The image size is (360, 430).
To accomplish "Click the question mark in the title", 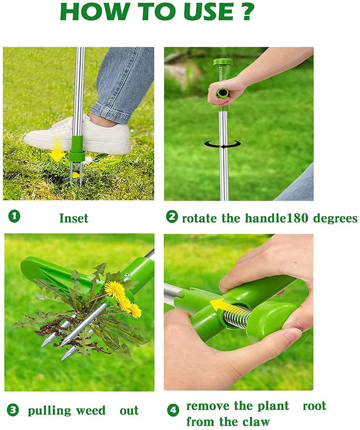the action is coord(248,12).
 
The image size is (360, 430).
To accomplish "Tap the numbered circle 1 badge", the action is coord(14,216).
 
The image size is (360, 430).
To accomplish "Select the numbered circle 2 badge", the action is coord(172,217).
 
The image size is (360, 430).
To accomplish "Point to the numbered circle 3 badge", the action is coord(13,410).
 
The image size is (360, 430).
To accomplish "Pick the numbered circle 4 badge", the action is coord(173,410).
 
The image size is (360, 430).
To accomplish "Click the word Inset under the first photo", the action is coord(74,218).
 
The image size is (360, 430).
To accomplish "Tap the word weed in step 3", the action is coord(91,410).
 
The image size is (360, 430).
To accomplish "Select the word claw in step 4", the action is coord(256,421).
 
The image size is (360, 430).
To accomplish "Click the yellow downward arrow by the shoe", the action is coord(57,148).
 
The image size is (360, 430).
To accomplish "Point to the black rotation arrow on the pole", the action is coord(222,144).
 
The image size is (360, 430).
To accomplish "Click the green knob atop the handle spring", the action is coord(222,61).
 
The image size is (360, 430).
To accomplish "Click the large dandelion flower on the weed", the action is coord(114,289).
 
